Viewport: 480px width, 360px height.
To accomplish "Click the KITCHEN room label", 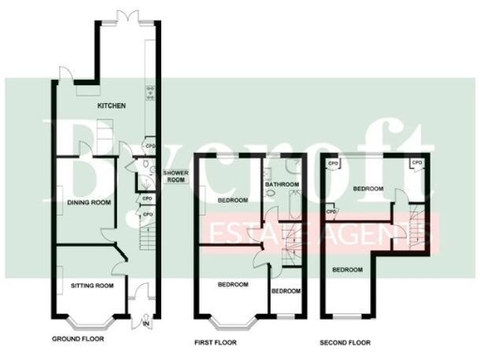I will click(x=112, y=107).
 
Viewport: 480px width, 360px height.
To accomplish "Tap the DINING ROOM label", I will click(x=89, y=202).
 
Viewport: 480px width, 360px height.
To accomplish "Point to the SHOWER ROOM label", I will click(x=177, y=177).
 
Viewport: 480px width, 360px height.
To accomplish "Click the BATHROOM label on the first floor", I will click(x=281, y=185).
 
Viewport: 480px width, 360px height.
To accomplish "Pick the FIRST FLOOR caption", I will click(x=215, y=341).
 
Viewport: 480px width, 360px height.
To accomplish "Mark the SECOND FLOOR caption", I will click(x=345, y=341).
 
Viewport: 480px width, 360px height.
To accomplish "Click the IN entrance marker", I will click(x=145, y=324).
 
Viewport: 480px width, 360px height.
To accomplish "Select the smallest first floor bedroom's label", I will click(x=286, y=291).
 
